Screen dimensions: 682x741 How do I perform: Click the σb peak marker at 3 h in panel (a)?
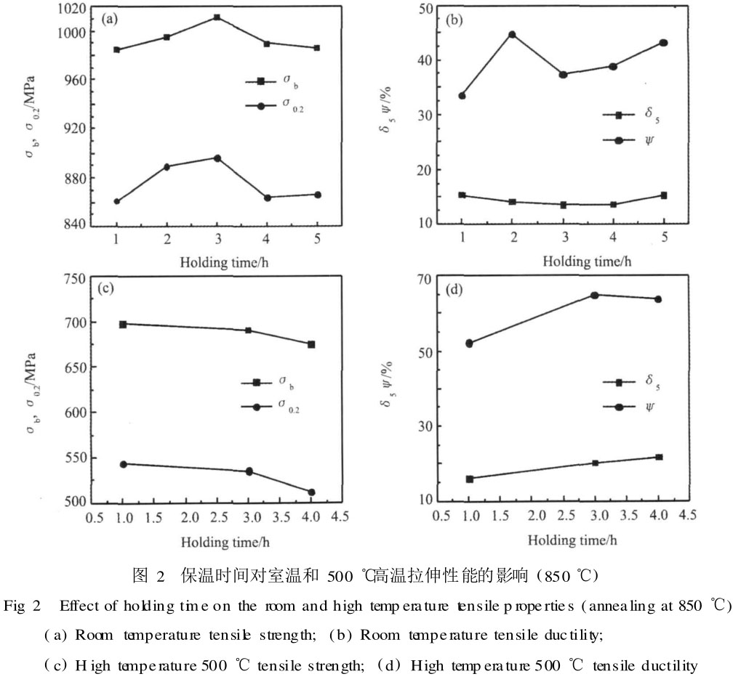[x=217, y=17]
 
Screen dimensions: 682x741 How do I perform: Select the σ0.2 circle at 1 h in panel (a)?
[x=116, y=201]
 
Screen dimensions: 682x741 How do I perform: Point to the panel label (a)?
[x=110, y=20]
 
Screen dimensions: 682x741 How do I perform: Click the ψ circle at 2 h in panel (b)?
[x=512, y=34]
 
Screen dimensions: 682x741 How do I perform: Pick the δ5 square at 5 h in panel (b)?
[x=663, y=195]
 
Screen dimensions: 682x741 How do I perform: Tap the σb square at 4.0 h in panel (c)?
[x=311, y=344]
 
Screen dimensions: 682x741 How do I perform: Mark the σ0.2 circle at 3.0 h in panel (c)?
[x=249, y=471]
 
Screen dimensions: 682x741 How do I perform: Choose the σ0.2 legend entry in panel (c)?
[x=270, y=409]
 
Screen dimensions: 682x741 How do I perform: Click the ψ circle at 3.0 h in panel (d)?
[x=594, y=295]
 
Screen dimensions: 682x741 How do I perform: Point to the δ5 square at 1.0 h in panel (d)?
[x=470, y=479]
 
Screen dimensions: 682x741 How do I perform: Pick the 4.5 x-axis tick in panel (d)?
[x=687, y=515]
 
